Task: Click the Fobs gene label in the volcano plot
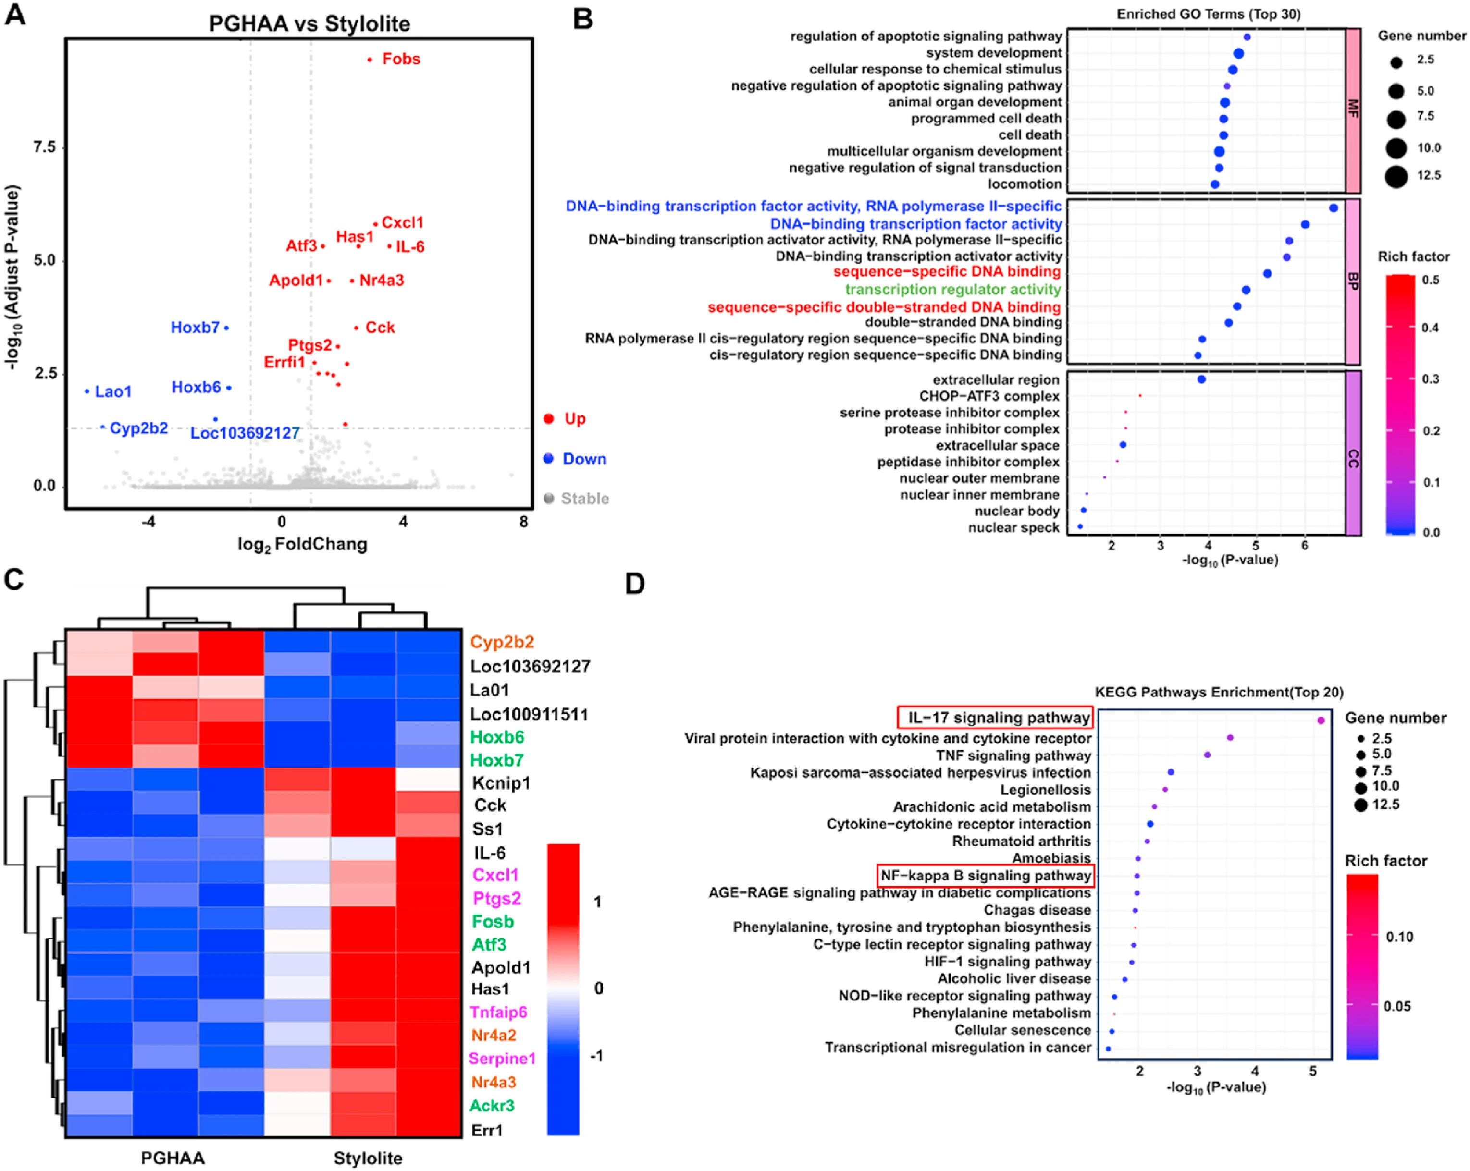pos(401,59)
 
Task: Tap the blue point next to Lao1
pos(87,391)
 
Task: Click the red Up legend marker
pos(548,418)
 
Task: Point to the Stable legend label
pos(584,499)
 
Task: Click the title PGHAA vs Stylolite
pos(309,24)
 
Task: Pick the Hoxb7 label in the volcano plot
pos(195,328)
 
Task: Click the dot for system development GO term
pos(1238,54)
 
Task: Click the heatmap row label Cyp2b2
pos(502,642)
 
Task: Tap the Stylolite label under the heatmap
pos(368,1158)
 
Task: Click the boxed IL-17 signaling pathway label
pos(998,718)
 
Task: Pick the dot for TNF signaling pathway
pos(1207,755)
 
